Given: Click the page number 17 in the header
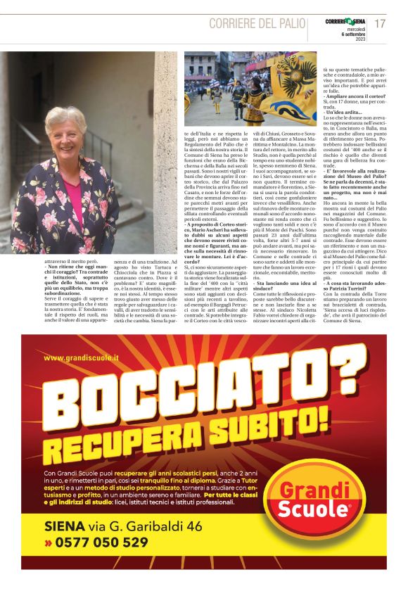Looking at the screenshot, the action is (380, 23).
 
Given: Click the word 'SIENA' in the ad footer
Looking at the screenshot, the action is (65, 526).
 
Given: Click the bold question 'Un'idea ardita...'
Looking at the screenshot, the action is (343, 112).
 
